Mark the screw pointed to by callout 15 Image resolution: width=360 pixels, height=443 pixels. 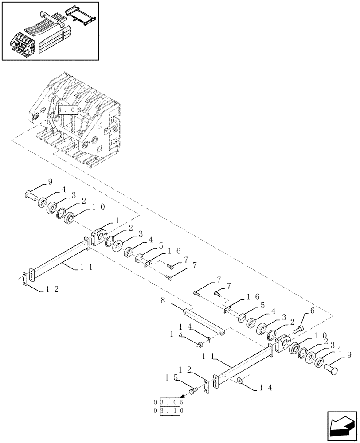[193, 391]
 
